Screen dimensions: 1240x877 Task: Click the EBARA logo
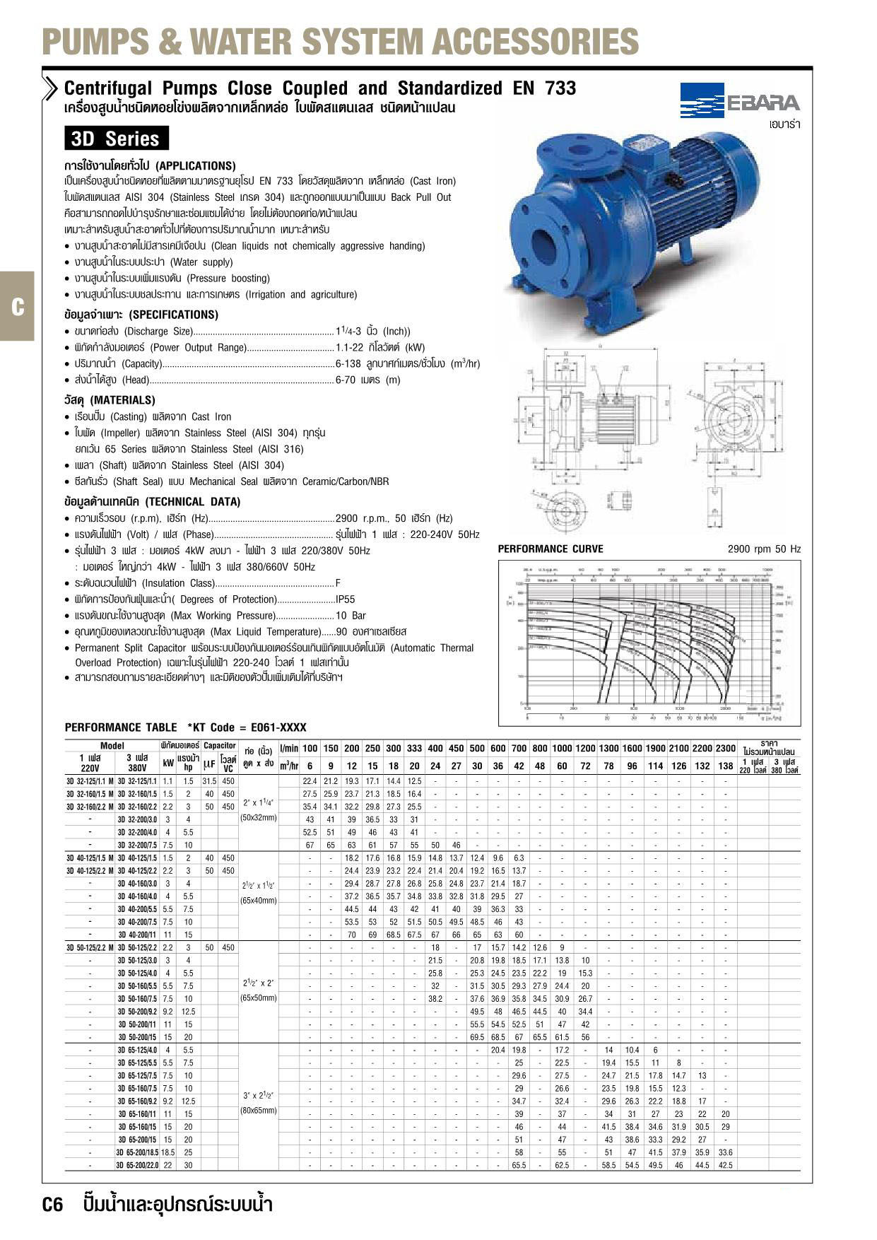click(741, 102)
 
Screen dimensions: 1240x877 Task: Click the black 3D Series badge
click(116, 139)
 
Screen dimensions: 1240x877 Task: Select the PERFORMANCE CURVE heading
click(551, 549)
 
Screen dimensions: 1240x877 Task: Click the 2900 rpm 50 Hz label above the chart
click(764, 549)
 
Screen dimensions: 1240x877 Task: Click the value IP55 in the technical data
click(346, 599)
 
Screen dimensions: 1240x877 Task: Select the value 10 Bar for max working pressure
click(351, 616)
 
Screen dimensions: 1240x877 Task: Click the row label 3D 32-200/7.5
click(136, 845)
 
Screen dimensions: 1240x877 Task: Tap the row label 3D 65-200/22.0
click(137, 1165)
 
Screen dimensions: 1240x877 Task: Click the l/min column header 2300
click(725, 748)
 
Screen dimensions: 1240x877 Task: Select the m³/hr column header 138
click(725, 766)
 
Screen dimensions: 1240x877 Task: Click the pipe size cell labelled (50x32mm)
click(259, 818)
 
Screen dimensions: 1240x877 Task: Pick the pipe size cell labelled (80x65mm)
click(259, 1111)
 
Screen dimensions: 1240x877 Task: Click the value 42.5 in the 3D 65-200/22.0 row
click(725, 1165)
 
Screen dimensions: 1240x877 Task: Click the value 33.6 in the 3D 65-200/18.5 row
click(725, 1152)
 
